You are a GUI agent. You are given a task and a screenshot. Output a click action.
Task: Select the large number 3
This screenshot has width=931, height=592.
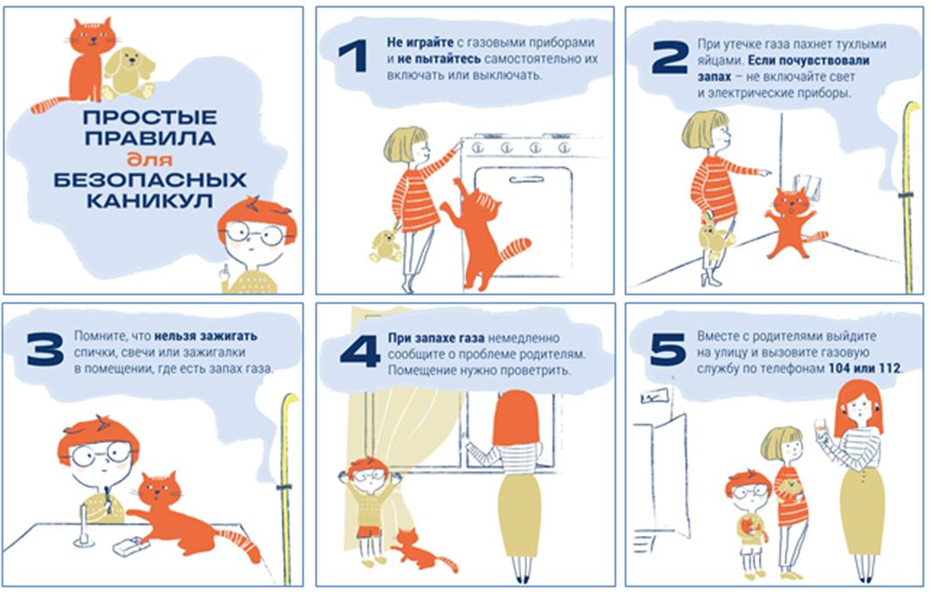[45, 349]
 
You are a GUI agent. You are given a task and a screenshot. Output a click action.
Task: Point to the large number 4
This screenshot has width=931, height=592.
[360, 352]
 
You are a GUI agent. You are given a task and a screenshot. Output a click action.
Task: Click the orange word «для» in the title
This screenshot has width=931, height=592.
[149, 159]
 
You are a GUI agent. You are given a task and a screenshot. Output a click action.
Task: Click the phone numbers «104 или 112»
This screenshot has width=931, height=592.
[865, 368]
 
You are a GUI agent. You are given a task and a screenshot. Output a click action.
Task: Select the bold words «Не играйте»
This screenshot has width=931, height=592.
[420, 43]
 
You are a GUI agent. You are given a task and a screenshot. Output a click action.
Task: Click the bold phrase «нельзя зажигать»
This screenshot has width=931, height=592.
[205, 336]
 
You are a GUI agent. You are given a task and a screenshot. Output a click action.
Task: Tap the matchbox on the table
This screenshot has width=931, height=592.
[131, 547]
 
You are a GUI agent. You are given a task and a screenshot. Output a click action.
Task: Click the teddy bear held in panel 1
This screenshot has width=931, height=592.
[386, 245]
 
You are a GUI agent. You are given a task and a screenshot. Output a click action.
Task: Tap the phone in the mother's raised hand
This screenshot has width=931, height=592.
[822, 429]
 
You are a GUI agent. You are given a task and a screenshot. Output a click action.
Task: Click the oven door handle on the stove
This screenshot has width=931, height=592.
[526, 179]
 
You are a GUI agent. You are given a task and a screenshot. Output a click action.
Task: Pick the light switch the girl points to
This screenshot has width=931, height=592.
[807, 185]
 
